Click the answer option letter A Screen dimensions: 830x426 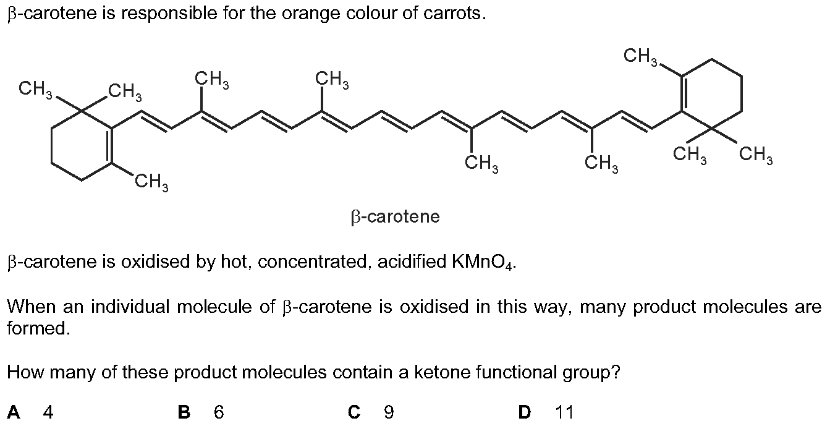pyautogui.click(x=14, y=412)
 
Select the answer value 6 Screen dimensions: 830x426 pyautogui.click(x=219, y=412)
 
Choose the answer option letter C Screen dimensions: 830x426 pyautogui.click(x=354, y=412)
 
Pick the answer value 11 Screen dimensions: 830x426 pyautogui.click(x=564, y=412)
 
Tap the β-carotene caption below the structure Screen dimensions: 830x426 pyautogui.click(x=395, y=217)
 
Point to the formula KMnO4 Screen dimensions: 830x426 pyautogui.click(x=483, y=262)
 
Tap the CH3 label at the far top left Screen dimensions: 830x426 pyautogui.click(x=36, y=90)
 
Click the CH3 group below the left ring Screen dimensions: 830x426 pyautogui.click(x=151, y=182)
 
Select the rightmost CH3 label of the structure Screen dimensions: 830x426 pyautogui.click(x=756, y=155)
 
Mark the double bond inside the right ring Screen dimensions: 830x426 pyautogui.click(x=684, y=93)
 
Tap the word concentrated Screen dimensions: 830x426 pyautogui.click(x=315, y=262)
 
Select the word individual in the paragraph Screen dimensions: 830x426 pyautogui.click(x=131, y=307)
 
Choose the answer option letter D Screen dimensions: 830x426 pyautogui.click(x=525, y=412)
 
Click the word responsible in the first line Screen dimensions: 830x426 pyautogui.click(x=169, y=14)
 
